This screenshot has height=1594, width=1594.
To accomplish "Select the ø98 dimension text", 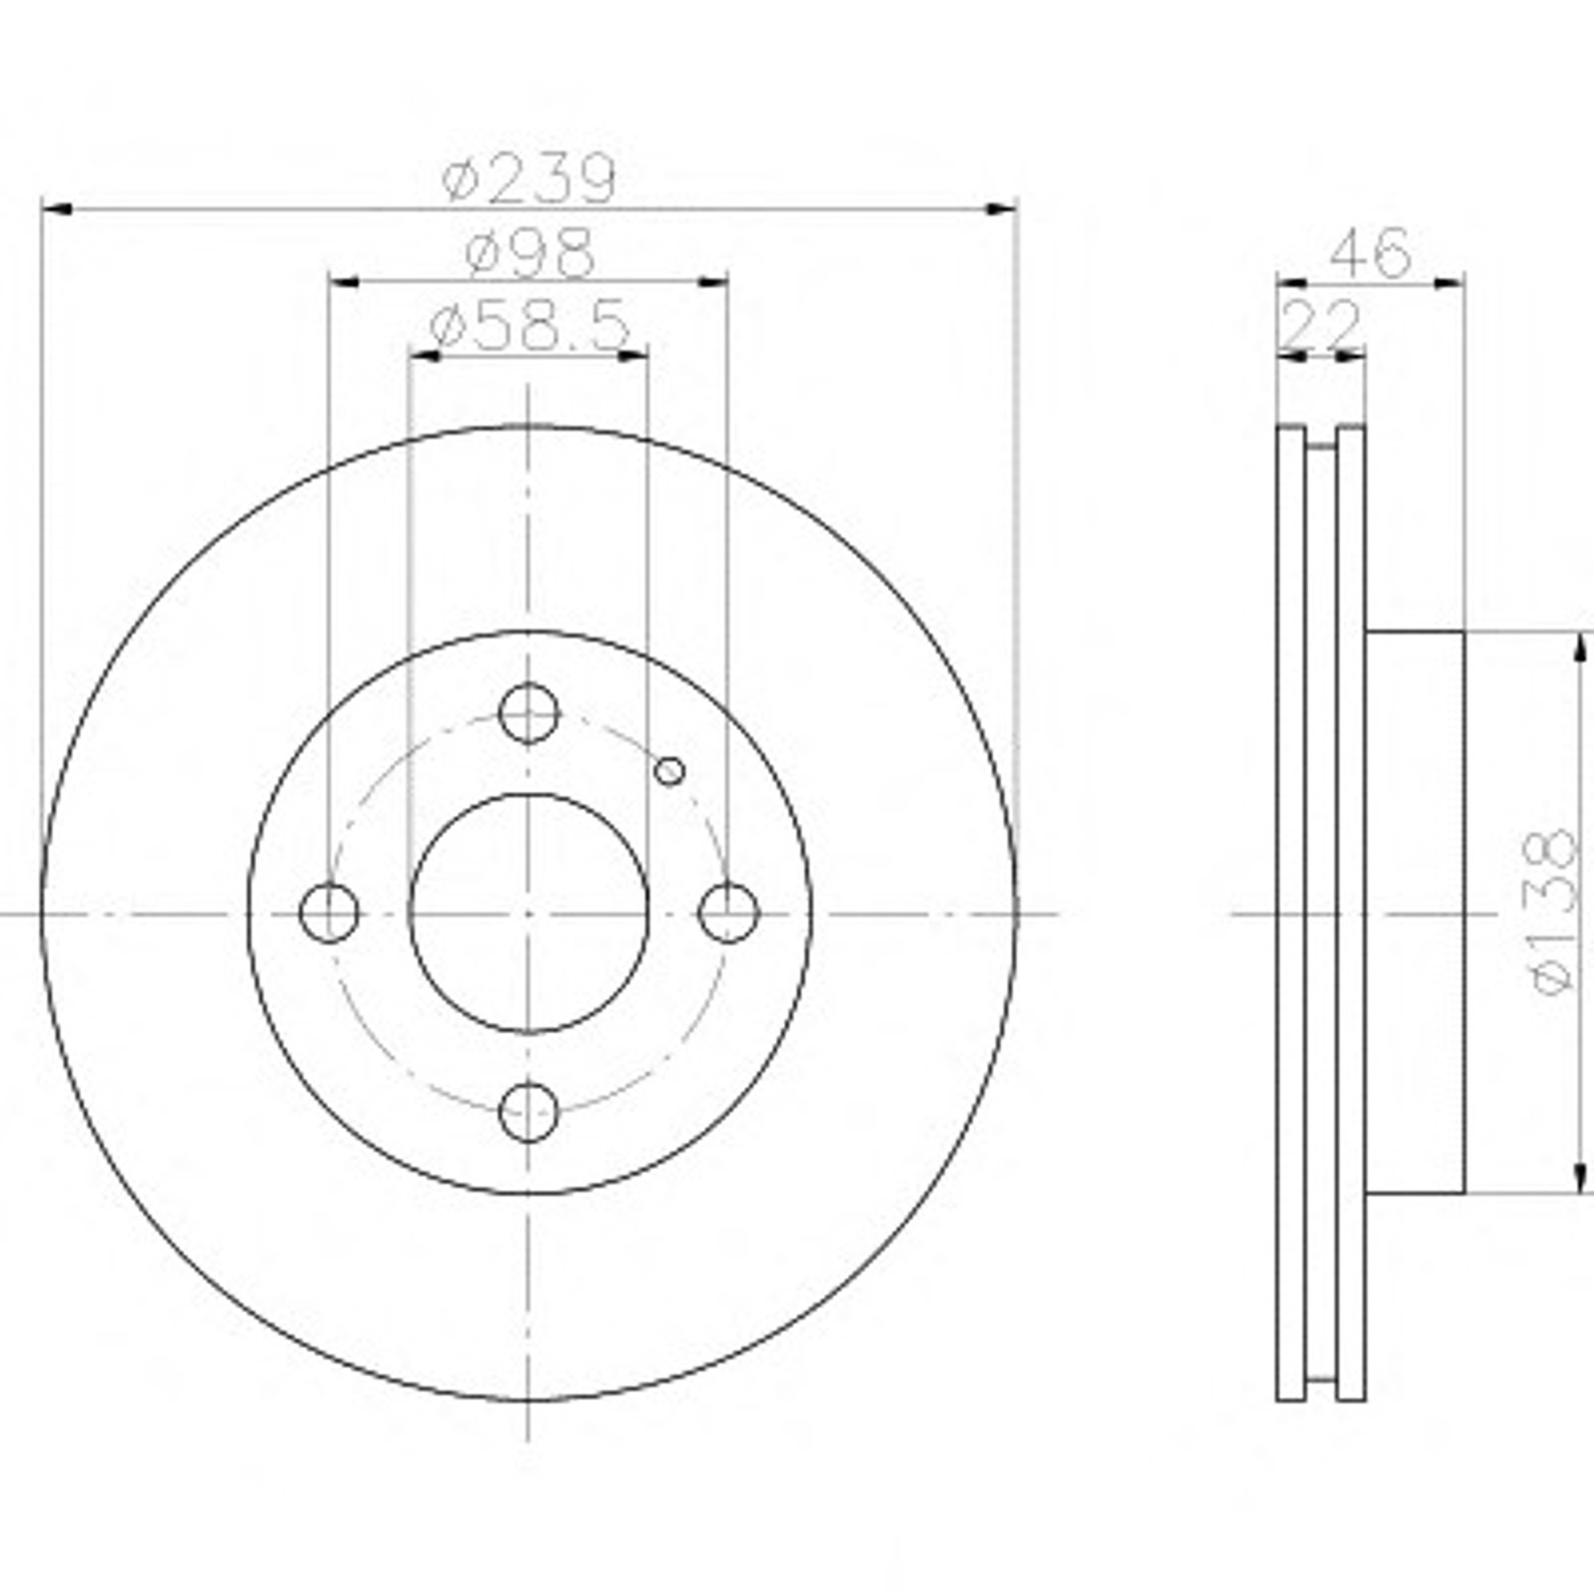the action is click(529, 254).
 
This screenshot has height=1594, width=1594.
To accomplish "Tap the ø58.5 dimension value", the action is click(529, 326).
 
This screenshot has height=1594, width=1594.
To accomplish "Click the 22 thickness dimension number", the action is click(1322, 324).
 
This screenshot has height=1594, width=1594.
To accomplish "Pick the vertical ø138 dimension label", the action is click(1554, 911).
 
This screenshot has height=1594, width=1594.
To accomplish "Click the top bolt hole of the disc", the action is click(528, 713).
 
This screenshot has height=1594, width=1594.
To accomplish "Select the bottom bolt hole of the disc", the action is click(528, 1112).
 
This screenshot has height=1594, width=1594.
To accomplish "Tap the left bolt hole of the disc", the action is click(329, 913).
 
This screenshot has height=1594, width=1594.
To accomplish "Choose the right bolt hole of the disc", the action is click(728, 913).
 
